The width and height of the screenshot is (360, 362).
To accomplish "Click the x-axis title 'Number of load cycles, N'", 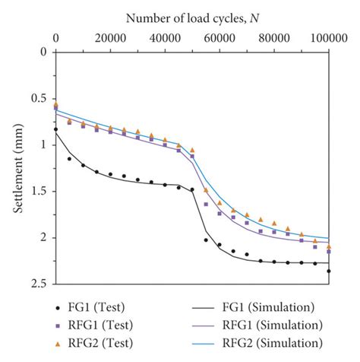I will pos(191,17).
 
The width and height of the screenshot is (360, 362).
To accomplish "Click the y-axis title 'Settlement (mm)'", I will pos(17,167).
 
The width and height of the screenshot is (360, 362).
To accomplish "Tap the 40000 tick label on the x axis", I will pos(165,37).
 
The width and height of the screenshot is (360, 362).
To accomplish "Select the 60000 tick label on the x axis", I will pos(219,37).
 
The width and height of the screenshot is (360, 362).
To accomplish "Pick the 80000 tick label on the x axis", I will pos(274,37).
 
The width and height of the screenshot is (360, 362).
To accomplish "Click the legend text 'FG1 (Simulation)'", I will pos(268,307).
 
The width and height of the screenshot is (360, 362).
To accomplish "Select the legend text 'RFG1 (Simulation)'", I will pos(272,325).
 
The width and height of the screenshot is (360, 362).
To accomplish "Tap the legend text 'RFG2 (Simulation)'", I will pos(272,343).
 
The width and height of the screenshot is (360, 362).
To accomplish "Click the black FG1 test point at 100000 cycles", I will pos(329,271).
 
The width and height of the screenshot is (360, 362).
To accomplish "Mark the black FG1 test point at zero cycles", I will pos(55,129).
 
